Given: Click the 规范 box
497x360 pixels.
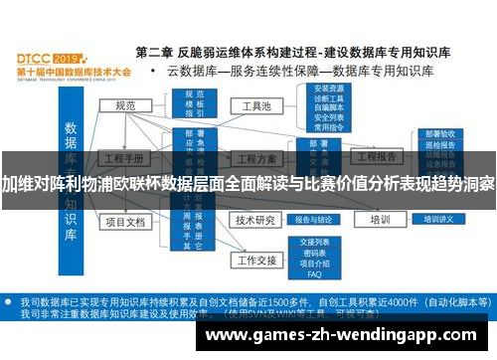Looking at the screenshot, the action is point(125,106).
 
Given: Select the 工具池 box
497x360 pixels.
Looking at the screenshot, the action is point(251,105).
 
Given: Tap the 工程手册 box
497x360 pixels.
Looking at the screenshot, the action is point(125,159).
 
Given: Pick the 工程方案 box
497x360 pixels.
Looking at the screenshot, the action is point(254,159).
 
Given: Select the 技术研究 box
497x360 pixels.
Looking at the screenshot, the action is point(254,220).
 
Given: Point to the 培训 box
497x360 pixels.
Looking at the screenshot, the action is point(379,220).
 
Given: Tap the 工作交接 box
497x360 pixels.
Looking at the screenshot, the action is point(254,261).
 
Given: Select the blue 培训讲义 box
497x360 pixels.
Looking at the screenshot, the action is point(437,220).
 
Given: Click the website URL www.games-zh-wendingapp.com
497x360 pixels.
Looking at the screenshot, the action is point(343,334).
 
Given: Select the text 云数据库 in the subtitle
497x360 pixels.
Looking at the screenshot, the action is point(193,72).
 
